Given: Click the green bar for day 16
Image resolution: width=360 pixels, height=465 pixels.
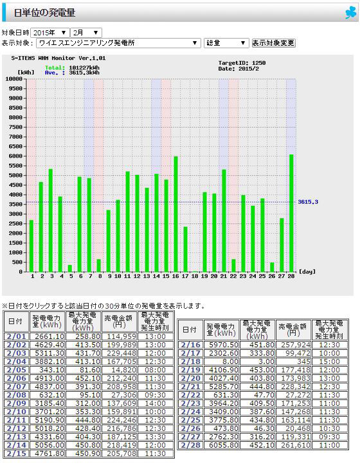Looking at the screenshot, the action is tap(175, 214).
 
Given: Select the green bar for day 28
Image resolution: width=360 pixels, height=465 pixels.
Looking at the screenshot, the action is tap(291, 214).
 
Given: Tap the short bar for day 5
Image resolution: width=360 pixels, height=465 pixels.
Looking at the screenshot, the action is tap(69, 268).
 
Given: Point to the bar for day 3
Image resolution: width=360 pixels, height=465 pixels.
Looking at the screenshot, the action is tap(50, 221).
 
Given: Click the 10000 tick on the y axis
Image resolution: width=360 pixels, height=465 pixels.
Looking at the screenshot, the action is tap(14, 79).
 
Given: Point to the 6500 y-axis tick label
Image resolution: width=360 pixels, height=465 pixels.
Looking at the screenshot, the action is tap(15, 147).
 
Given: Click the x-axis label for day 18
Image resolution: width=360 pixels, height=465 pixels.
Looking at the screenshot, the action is tap(195, 276).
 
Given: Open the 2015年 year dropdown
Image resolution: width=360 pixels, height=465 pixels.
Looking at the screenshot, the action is tap(50, 33).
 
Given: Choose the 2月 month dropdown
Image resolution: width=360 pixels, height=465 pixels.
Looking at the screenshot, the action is tap(86, 33).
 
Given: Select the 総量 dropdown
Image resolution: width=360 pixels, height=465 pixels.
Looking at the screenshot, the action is tap(226, 43).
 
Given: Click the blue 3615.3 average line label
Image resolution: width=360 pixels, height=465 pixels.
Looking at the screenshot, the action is tap(308, 202).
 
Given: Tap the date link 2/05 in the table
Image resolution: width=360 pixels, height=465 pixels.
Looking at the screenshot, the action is tap(16, 370).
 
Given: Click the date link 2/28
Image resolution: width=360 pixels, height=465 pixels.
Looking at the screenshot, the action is tap(191, 445).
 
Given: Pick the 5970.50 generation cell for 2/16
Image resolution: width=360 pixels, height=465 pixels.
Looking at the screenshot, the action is tap(222, 345).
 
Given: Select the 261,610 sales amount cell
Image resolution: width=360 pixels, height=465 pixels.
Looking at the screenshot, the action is tap(293, 445).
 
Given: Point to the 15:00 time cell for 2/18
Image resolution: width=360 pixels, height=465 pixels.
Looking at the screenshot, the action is tap(329, 361).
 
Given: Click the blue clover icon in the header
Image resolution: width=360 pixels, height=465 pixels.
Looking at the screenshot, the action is tap(350, 13).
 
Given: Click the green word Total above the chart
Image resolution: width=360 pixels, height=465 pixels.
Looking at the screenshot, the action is tap(55, 68).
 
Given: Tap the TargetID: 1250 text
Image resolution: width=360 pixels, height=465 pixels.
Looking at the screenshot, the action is tap(242, 63).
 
